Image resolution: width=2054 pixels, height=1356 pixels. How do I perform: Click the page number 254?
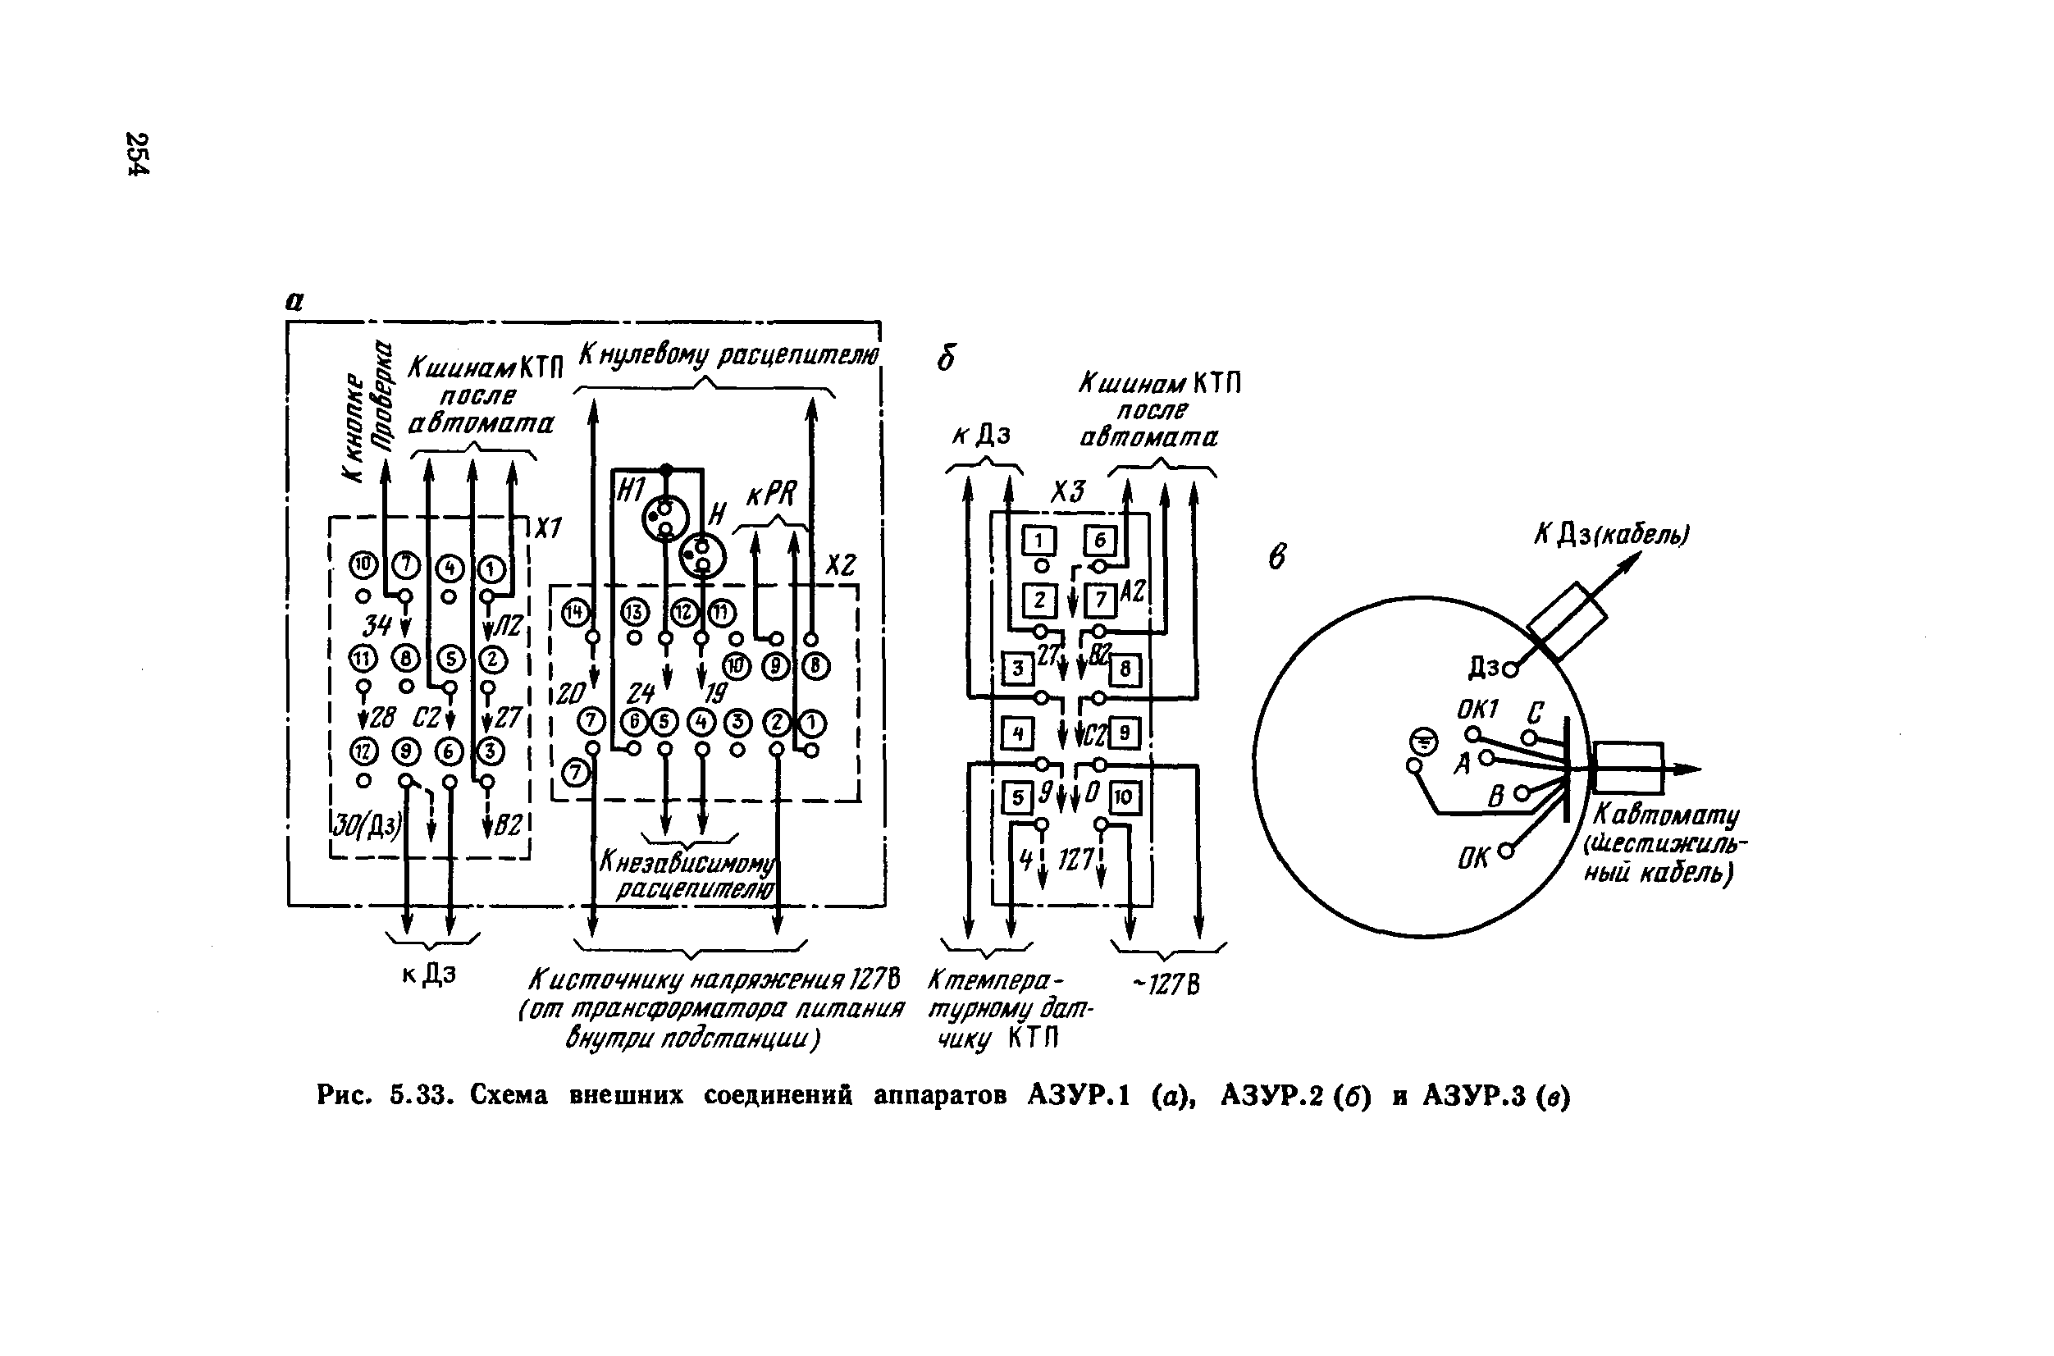[138, 153]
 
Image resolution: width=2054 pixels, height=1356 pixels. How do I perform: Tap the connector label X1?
[547, 527]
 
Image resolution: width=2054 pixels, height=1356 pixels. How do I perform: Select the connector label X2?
[840, 564]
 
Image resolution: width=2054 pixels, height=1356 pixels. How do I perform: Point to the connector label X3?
[1067, 492]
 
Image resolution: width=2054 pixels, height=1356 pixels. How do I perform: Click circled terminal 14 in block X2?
[575, 613]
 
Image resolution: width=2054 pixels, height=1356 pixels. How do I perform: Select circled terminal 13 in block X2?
[634, 613]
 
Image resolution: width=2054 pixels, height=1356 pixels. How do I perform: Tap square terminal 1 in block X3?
[1040, 541]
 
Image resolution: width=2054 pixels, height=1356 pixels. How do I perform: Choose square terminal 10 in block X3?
[1124, 797]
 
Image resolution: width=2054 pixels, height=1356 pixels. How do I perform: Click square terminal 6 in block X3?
[1100, 541]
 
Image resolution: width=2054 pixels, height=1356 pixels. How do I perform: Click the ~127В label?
[1166, 985]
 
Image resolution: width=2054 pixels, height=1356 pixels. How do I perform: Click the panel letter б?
[947, 357]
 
